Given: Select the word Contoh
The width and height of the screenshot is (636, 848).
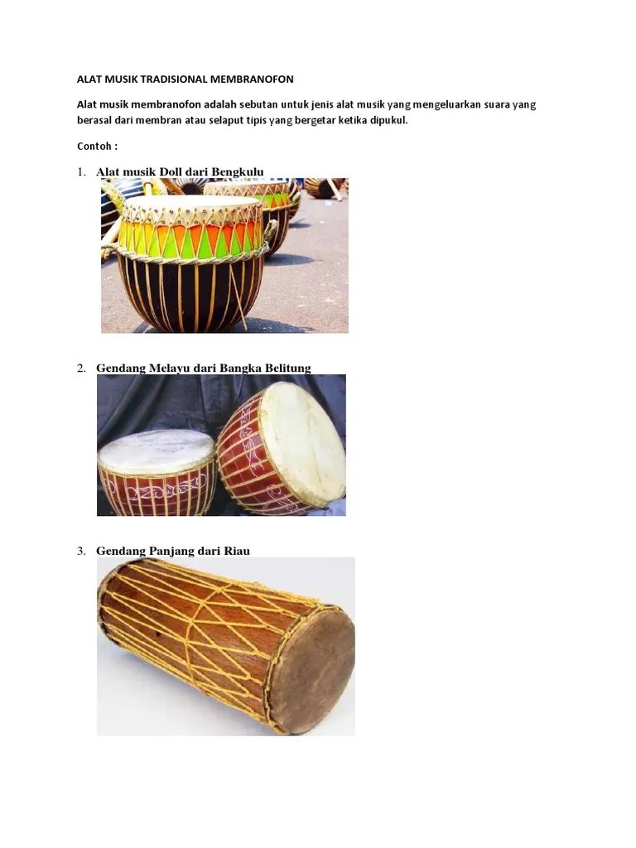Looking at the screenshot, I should click(x=95, y=146).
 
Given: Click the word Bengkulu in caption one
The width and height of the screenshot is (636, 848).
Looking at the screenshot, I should click(x=238, y=171).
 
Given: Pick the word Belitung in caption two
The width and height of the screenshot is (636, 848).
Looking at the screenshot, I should click(x=286, y=368).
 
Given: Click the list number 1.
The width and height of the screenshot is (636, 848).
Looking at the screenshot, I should click(x=81, y=172).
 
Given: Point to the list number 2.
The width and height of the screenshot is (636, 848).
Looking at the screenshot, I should click(x=81, y=369).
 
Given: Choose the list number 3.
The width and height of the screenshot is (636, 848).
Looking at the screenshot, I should click(x=81, y=551).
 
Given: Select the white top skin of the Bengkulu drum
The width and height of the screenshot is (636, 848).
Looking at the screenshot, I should click(x=192, y=202).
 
